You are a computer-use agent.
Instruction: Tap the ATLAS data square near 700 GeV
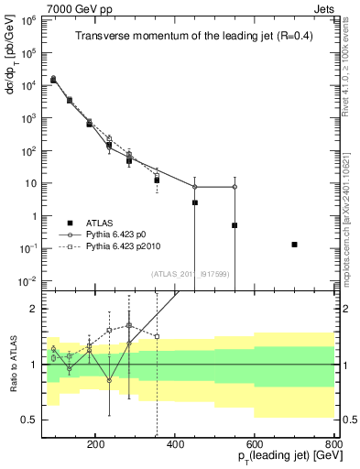[294, 245]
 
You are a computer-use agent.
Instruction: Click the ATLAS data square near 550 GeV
[235, 225]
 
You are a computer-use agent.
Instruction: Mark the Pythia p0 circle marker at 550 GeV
[235, 187]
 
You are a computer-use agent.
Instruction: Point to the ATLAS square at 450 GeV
[195, 202]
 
